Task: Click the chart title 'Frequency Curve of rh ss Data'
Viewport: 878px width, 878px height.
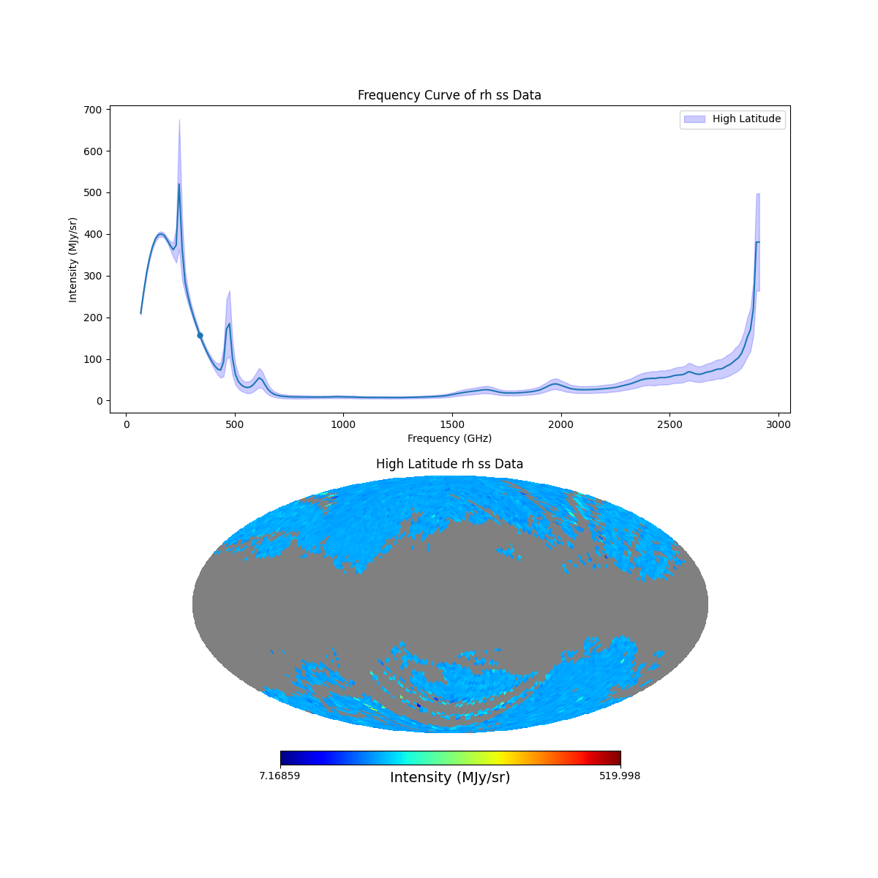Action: pyautogui.click(x=449, y=95)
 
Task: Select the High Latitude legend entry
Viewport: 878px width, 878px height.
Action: pyautogui.click(x=732, y=119)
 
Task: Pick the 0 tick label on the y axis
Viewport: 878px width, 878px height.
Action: pyautogui.click(x=100, y=401)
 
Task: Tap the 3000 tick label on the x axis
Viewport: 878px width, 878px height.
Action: pyautogui.click(x=778, y=424)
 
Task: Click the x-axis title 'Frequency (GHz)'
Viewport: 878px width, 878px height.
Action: pyautogui.click(x=449, y=438)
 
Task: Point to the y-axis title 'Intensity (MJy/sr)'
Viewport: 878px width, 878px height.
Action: pyautogui.click(x=73, y=260)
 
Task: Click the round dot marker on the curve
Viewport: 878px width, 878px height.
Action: pyautogui.click(x=200, y=335)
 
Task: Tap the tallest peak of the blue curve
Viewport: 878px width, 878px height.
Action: pyautogui.click(x=179, y=184)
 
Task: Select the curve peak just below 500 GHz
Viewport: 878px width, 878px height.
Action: pyautogui.click(x=229, y=323)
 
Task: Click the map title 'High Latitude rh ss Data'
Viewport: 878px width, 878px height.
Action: pyautogui.click(x=449, y=464)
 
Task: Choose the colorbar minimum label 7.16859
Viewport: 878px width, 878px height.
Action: pyautogui.click(x=279, y=776)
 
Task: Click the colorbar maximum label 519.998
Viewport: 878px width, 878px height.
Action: pyautogui.click(x=620, y=776)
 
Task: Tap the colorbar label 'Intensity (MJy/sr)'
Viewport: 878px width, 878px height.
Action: pyautogui.click(x=450, y=778)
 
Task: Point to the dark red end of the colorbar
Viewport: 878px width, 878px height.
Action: pyautogui.click(x=616, y=758)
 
